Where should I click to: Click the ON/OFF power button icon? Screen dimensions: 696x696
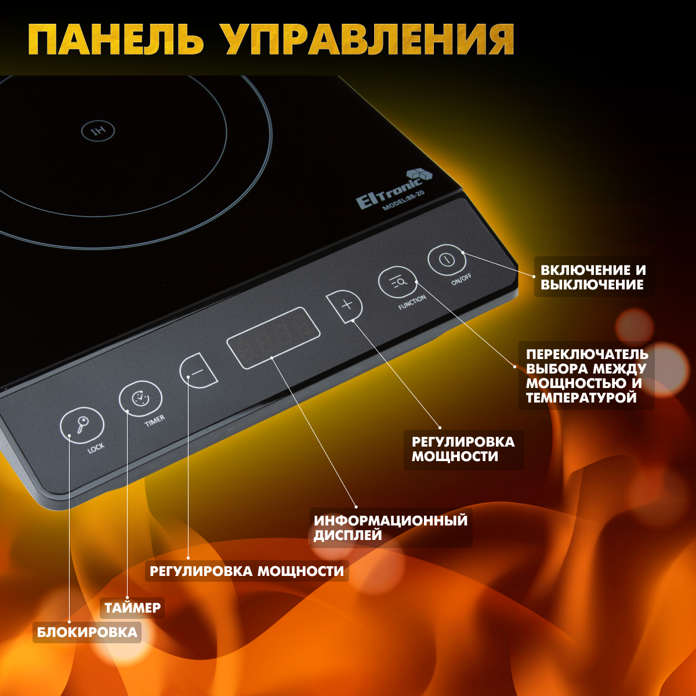(x=447, y=260)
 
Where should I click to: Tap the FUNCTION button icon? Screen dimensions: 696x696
(x=398, y=282)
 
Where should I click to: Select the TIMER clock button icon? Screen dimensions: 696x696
(x=140, y=398)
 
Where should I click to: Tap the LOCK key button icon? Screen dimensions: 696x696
(x=82, y=425)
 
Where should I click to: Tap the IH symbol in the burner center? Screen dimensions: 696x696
(x=97, y=131)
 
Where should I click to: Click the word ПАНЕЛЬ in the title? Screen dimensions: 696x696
(x=116, y=41)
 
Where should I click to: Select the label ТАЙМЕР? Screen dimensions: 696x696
(x=132, y=608)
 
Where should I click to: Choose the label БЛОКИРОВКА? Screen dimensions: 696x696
(x=88, y=632)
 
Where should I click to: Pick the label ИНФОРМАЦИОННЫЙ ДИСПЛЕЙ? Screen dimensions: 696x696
(x=390, y=527)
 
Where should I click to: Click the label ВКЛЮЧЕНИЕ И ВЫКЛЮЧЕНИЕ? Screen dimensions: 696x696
(x=593, y=277)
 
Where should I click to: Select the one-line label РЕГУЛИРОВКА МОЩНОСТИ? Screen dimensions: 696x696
(x=246, y=571)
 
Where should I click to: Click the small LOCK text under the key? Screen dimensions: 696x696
(x=96, y=448)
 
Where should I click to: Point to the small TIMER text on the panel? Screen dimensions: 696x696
(x=154, y=420)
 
